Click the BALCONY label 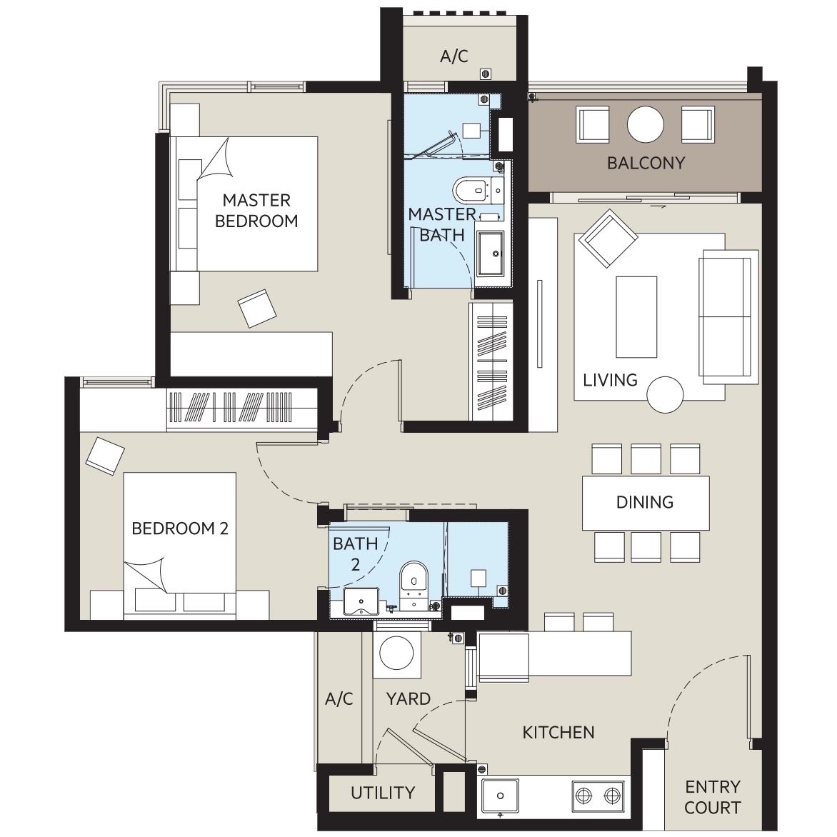point(646,163)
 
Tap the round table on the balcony point(646,124)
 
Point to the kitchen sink point(500,796)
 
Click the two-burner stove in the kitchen point(597,796)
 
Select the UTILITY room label point(383,793)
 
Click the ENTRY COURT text point(713,797)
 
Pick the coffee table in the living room point(636,316)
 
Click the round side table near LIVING point(665,394)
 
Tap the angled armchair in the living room point(608,238)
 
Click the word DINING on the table point(645,502)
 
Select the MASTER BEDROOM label point(257,210)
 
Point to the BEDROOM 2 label point(180,528)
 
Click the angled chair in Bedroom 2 point(105,456)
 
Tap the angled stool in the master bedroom point(257,309)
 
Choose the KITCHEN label point(558,733)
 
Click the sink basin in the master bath point(489,254)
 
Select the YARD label point(409,698)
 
